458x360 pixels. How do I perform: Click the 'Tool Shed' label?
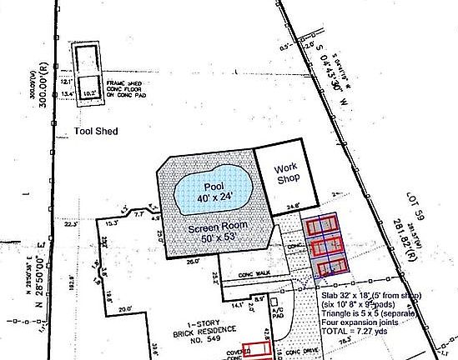[x=96, y=132]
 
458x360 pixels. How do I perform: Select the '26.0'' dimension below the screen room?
[x=193, y=262]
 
